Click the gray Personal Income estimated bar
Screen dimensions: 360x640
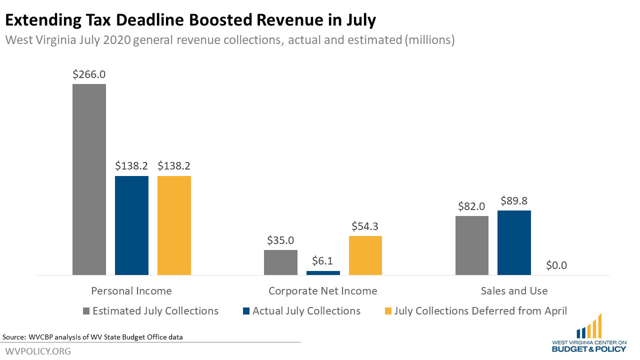pos(89,180)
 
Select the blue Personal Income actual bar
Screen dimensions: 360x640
pos(131,225)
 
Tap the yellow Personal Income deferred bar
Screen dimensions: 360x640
pos(174,225)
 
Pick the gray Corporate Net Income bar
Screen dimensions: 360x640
pos(280,262)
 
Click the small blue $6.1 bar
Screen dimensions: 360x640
pos(323,273)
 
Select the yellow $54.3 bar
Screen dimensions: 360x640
pos(365,255)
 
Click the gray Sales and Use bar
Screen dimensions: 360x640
pos(472,245)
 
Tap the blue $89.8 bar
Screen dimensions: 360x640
pos(514,242)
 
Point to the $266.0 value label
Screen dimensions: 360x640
pos(89,74)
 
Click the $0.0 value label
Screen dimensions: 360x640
pos(556,265)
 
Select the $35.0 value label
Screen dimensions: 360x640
pos(280,240)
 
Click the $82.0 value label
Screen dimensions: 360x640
pos(472,206)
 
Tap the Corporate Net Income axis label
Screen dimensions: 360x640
pos(323,291)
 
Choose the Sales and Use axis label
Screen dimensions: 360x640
pos(514,291)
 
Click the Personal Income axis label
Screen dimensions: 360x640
pos(131,291)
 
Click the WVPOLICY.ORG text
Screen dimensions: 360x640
pos(38,351)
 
